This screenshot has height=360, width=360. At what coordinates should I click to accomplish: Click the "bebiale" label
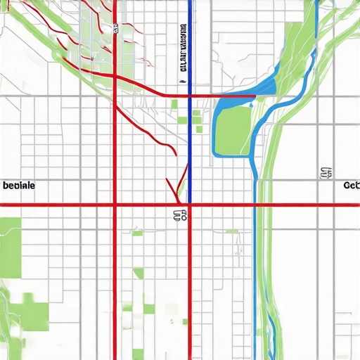click(20, 187)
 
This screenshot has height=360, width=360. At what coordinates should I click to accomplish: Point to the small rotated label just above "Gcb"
click(326, 172)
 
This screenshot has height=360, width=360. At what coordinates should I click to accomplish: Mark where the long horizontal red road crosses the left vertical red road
click(115, 205)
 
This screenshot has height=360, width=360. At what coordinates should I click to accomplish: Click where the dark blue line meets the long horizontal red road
click(190, 205)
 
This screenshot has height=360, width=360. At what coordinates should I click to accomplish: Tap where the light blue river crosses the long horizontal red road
click(255, 205)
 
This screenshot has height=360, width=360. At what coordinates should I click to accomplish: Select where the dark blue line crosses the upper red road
click(190, 95)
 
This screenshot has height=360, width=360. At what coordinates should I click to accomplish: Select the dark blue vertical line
click(190, 141)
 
